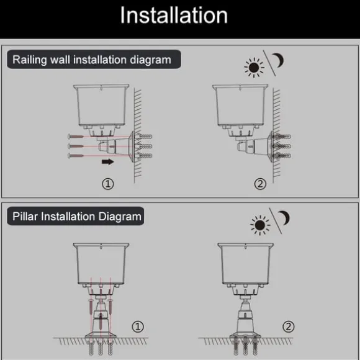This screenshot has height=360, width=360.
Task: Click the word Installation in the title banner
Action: pos(174,15)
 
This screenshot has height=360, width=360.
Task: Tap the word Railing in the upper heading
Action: pos(30,60)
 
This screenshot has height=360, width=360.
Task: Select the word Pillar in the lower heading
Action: pos(25,217)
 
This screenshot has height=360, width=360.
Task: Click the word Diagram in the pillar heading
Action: pos(120,217)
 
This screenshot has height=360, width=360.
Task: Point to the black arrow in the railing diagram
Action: pos(107,161)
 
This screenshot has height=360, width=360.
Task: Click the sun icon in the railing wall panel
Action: pos(254,68)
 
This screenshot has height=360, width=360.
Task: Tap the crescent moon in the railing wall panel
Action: pos(279,60)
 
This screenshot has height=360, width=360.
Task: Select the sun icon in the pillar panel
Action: pos(260,225)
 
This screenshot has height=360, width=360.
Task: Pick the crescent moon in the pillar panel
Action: pos(284,218)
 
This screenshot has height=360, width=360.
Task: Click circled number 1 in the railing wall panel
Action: pos(107,184)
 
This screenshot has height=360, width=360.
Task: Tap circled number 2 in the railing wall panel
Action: pos(260,184)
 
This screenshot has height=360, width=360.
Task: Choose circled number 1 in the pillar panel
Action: pos(138,326)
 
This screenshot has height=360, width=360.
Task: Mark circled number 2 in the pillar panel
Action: pos(289,326)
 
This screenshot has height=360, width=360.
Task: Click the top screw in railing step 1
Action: pos(76,137)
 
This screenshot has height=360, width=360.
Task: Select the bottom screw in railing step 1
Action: pos(76,156)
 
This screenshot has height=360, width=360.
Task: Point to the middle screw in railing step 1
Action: pos(76,146)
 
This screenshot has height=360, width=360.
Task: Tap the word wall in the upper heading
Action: pos(60,60)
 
